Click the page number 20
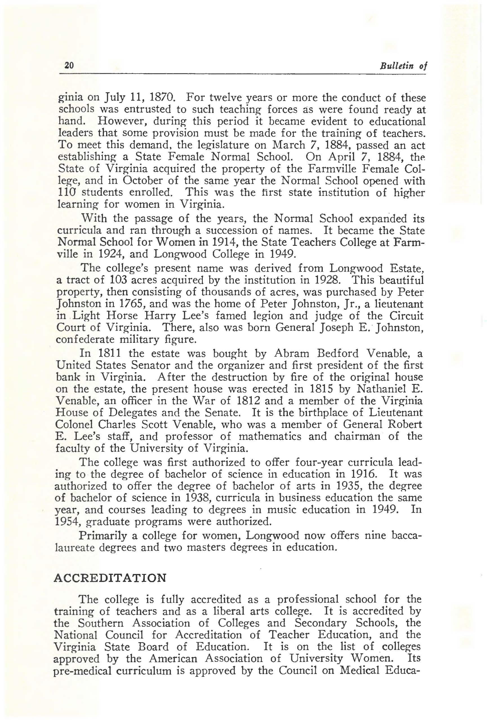tap(68, 65)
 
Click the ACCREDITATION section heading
tap(110, 578)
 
